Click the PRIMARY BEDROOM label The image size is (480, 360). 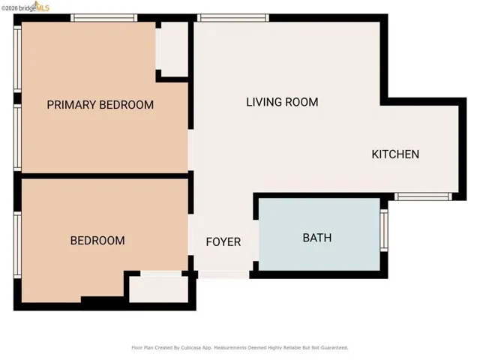100,105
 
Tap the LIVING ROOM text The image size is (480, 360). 282,102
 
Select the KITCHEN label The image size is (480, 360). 395,154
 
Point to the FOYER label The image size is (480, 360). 223,241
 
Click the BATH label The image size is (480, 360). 316,238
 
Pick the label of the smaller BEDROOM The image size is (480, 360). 97,241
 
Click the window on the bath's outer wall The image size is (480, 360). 384,229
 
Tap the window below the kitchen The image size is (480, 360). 423,196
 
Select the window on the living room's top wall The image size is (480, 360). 233,17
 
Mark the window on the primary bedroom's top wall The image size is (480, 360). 93,17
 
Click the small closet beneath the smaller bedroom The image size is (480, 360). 157,288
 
